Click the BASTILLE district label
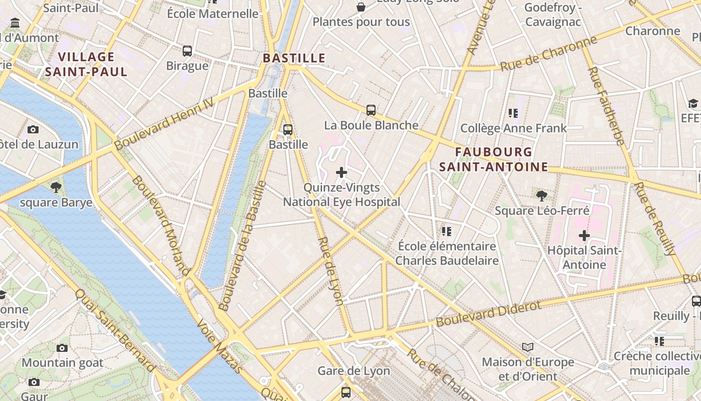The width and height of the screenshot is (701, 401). click(x=294, y=58)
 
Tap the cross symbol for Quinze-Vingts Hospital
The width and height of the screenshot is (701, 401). click(x=341, y=173)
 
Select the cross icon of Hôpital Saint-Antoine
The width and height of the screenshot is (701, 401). click(x=584, y=235)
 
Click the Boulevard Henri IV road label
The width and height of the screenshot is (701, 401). click(x=164, y=123)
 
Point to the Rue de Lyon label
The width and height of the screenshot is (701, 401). click(x=331, y=271)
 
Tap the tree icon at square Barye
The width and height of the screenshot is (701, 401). click(x=56, y=187)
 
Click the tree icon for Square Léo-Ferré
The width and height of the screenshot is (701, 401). click(x=541, y=195)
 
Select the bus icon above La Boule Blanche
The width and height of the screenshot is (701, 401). click(x=371, y=110)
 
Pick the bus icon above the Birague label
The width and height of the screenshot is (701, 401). click(x=187, y=51)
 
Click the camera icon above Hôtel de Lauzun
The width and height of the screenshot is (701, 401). click(x=33, y=129)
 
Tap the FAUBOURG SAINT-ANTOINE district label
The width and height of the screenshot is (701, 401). click(x=493, y=159)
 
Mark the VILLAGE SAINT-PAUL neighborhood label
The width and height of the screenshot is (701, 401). click(x=86, y=64)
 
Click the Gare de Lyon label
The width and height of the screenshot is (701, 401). click(x=354, y=371)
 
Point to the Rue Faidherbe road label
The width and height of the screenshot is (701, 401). click(x=606, y=105)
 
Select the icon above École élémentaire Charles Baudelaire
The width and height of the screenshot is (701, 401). click(x=447, y=231)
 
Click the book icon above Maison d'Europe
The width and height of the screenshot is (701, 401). click(x=528, y=347)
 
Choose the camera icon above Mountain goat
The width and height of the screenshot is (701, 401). click(x=62, y=348)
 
